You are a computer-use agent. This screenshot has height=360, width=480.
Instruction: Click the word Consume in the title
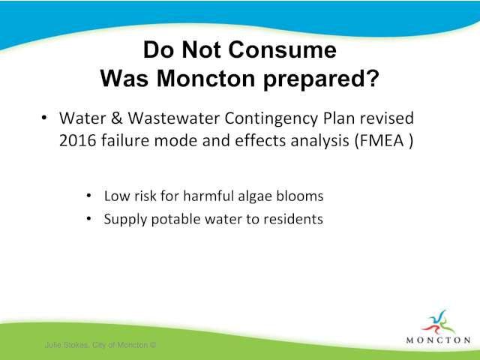click(282, 49)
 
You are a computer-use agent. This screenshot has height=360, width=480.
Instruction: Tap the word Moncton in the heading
click(205, 79)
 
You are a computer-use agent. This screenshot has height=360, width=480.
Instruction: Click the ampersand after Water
click(117, 118)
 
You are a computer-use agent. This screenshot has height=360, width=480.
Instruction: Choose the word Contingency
click(271, 119)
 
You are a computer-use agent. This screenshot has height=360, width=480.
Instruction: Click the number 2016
click(77, 141)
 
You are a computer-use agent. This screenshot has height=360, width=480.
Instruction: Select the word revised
click(387, 118)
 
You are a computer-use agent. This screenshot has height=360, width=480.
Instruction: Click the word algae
click(255, 196)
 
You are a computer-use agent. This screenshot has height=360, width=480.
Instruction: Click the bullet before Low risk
click(88, 195)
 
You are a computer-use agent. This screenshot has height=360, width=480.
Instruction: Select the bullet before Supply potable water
click(88, 218)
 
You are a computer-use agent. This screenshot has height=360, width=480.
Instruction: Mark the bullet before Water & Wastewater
click(44, 118)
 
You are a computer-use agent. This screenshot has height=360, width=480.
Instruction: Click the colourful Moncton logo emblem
click(438, 322)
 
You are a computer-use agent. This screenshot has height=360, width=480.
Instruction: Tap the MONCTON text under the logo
click(438, 340)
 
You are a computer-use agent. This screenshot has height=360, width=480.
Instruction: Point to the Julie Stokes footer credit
click(100, 345)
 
